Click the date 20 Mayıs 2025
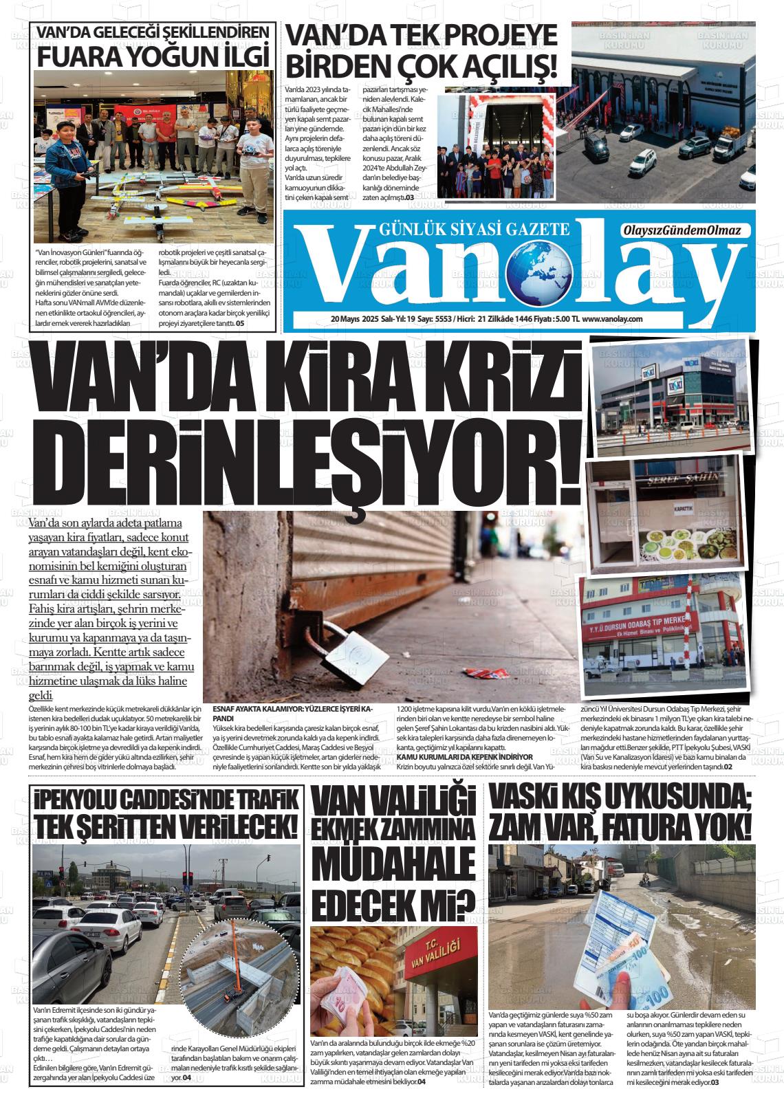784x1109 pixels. [354, 319]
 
